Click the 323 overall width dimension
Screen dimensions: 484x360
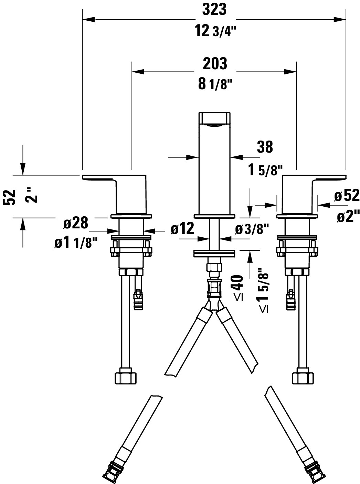(214, 10)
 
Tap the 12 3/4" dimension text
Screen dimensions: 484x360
(215, 31)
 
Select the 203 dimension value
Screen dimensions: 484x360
(215, 64)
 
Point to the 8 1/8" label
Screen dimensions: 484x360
(213, 84)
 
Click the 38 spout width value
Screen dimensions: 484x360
(265, 147)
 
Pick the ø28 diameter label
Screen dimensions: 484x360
(75, 224)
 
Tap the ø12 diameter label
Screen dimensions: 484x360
(182, 228)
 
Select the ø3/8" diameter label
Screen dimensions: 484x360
(252, 229)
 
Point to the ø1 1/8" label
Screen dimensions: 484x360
(73, 243)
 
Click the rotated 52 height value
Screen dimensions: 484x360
(11, 197)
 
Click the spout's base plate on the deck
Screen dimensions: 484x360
(215, 217)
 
